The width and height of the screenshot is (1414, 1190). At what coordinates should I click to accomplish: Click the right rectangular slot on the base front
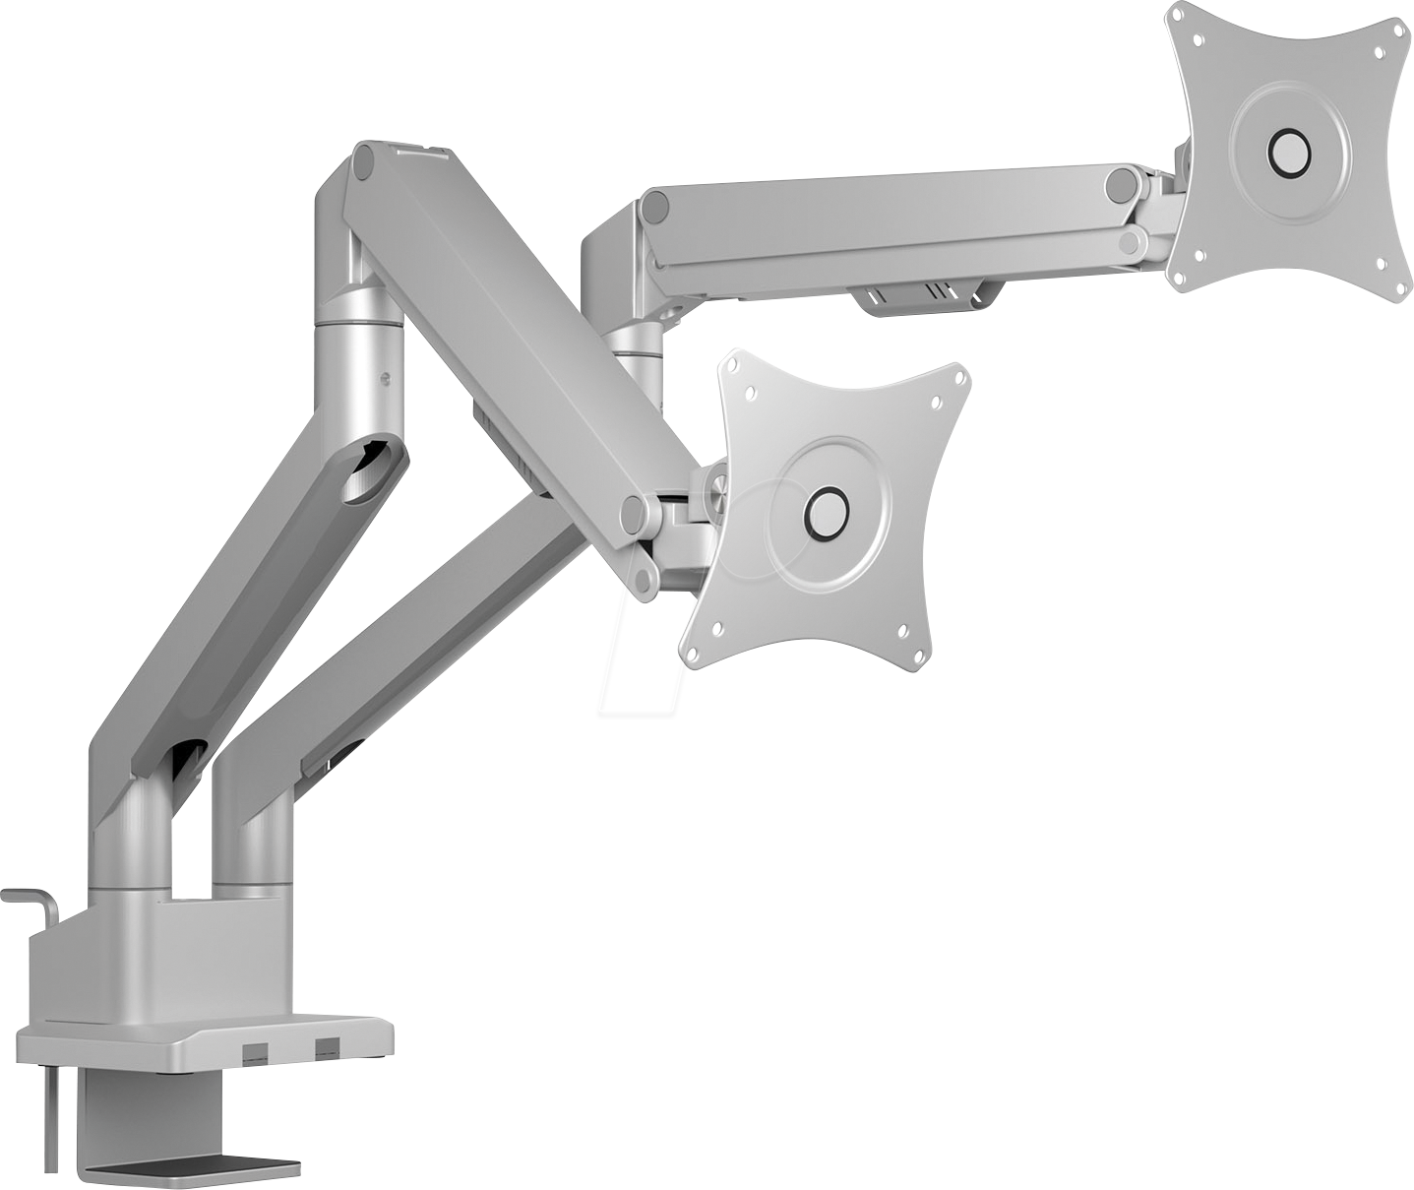(325, 1049)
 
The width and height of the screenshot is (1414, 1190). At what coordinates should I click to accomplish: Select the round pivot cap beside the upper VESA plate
(1121, 183)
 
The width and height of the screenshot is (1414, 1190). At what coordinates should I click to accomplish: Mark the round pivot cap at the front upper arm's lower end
(637, 512)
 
